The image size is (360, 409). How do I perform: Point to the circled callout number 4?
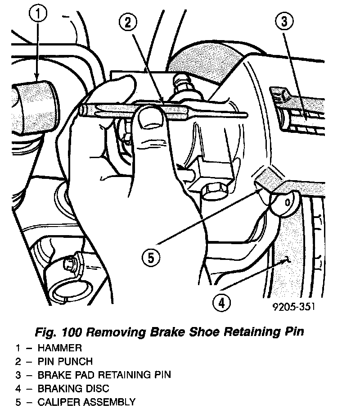[221, 302]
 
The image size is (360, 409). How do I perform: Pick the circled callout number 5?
[150, 258]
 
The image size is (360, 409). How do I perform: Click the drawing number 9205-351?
[293, 307]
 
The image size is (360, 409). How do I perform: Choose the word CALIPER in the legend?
[58, 401]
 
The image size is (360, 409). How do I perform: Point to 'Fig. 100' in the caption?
[58, 332]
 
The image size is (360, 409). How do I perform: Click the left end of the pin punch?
[82, 109]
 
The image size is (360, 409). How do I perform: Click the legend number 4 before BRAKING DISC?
[18, 388]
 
